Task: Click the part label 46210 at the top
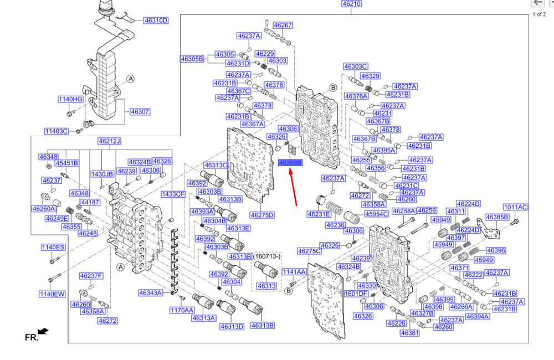[x=351, y=3]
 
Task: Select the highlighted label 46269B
[x=290, y=163]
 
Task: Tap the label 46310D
[x=156, y=20]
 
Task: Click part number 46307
[x=140, y=111]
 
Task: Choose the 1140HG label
[x=70, y=99]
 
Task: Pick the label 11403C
[x=57, y=131]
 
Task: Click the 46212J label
[x=109, y=141]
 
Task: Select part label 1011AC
[x=515, y=207]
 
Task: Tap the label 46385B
[x=497, y=217]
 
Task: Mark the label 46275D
[x=262, y=215]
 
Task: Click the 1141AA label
[x=294, y=272]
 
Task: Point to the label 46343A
[x=151, y=292]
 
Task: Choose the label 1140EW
[x=52, y=294]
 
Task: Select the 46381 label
[x=409, y=333]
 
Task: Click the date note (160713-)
[x=266, y=257]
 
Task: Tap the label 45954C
[x=375, y=214]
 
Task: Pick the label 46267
[x=283, y=25]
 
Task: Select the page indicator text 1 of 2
[x=539, y=14]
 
